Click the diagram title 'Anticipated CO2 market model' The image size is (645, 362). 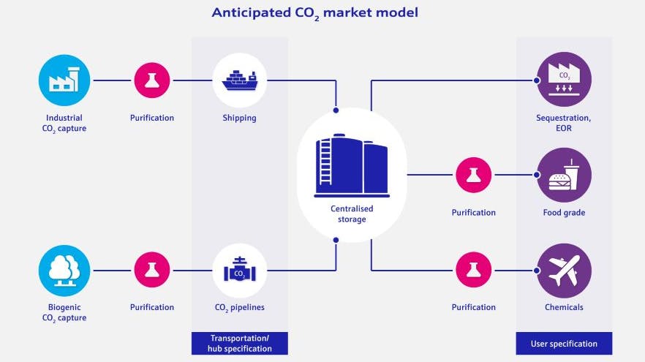click(315, 13)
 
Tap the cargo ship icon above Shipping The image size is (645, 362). click(239, 80)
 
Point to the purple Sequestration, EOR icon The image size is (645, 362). click(564, 80)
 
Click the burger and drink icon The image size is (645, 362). click(564, 176)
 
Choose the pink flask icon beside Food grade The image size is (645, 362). click(474, 176)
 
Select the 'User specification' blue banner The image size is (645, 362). click(564, 343)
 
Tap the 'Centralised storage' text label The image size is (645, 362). click(352, 213)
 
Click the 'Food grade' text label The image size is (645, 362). click(564, 213)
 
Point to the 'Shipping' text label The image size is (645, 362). click(239, 118)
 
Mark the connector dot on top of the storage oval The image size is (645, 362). click(336, 110)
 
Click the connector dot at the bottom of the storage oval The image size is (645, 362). click(336, 240)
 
